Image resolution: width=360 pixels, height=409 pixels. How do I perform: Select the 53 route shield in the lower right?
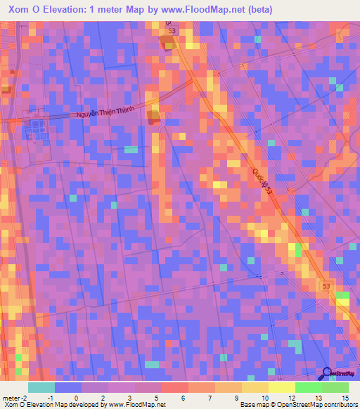click(x=326, y=286)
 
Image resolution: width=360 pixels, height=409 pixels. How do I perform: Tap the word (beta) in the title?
click(x=258, y=10)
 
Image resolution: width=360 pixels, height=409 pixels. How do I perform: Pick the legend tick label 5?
click(x=157, y=398)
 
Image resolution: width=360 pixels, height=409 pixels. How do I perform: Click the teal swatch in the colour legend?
click(x=41, y=387)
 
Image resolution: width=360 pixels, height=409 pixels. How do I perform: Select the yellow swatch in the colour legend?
click(x=255, y=387)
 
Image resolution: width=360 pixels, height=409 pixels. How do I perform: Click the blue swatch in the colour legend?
click(x=68, y=387)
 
